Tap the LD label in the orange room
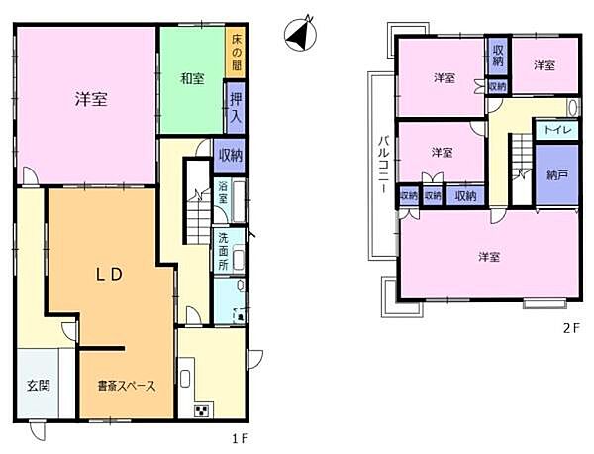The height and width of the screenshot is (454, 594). point(108,276)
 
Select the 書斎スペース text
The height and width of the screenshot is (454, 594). point(126,387)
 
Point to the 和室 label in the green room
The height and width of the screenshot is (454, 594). point(192,79)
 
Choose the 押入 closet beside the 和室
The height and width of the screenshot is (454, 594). point(236,106)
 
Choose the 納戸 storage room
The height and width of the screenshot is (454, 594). point(556,174)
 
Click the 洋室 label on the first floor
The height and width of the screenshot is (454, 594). point(90,99)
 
